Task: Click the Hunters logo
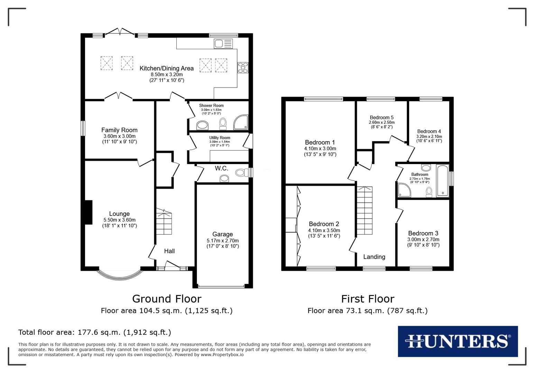[x=458, y=341]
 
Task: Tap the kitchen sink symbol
[x=223, y=44]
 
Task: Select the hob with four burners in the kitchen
[x=243, y=67]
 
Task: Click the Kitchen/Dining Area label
[x=166, y=68]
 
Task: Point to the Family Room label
[x=119, y=130]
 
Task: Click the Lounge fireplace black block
[x=89, y=212]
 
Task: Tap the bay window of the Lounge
[x=120, y=275]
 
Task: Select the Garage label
[x=222, y=234]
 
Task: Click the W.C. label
[x=221, y=168]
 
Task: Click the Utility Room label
[x=220, y=138]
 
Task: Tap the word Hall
[x=169, y=251]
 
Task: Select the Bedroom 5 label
[x=381, y=117]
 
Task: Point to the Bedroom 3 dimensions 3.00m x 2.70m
[x=423, y=239]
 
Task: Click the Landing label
[x=374, y=257]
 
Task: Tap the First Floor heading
[x=367, y=298]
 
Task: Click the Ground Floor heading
[x=166, y=298]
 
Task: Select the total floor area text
[x=94, y=332]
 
